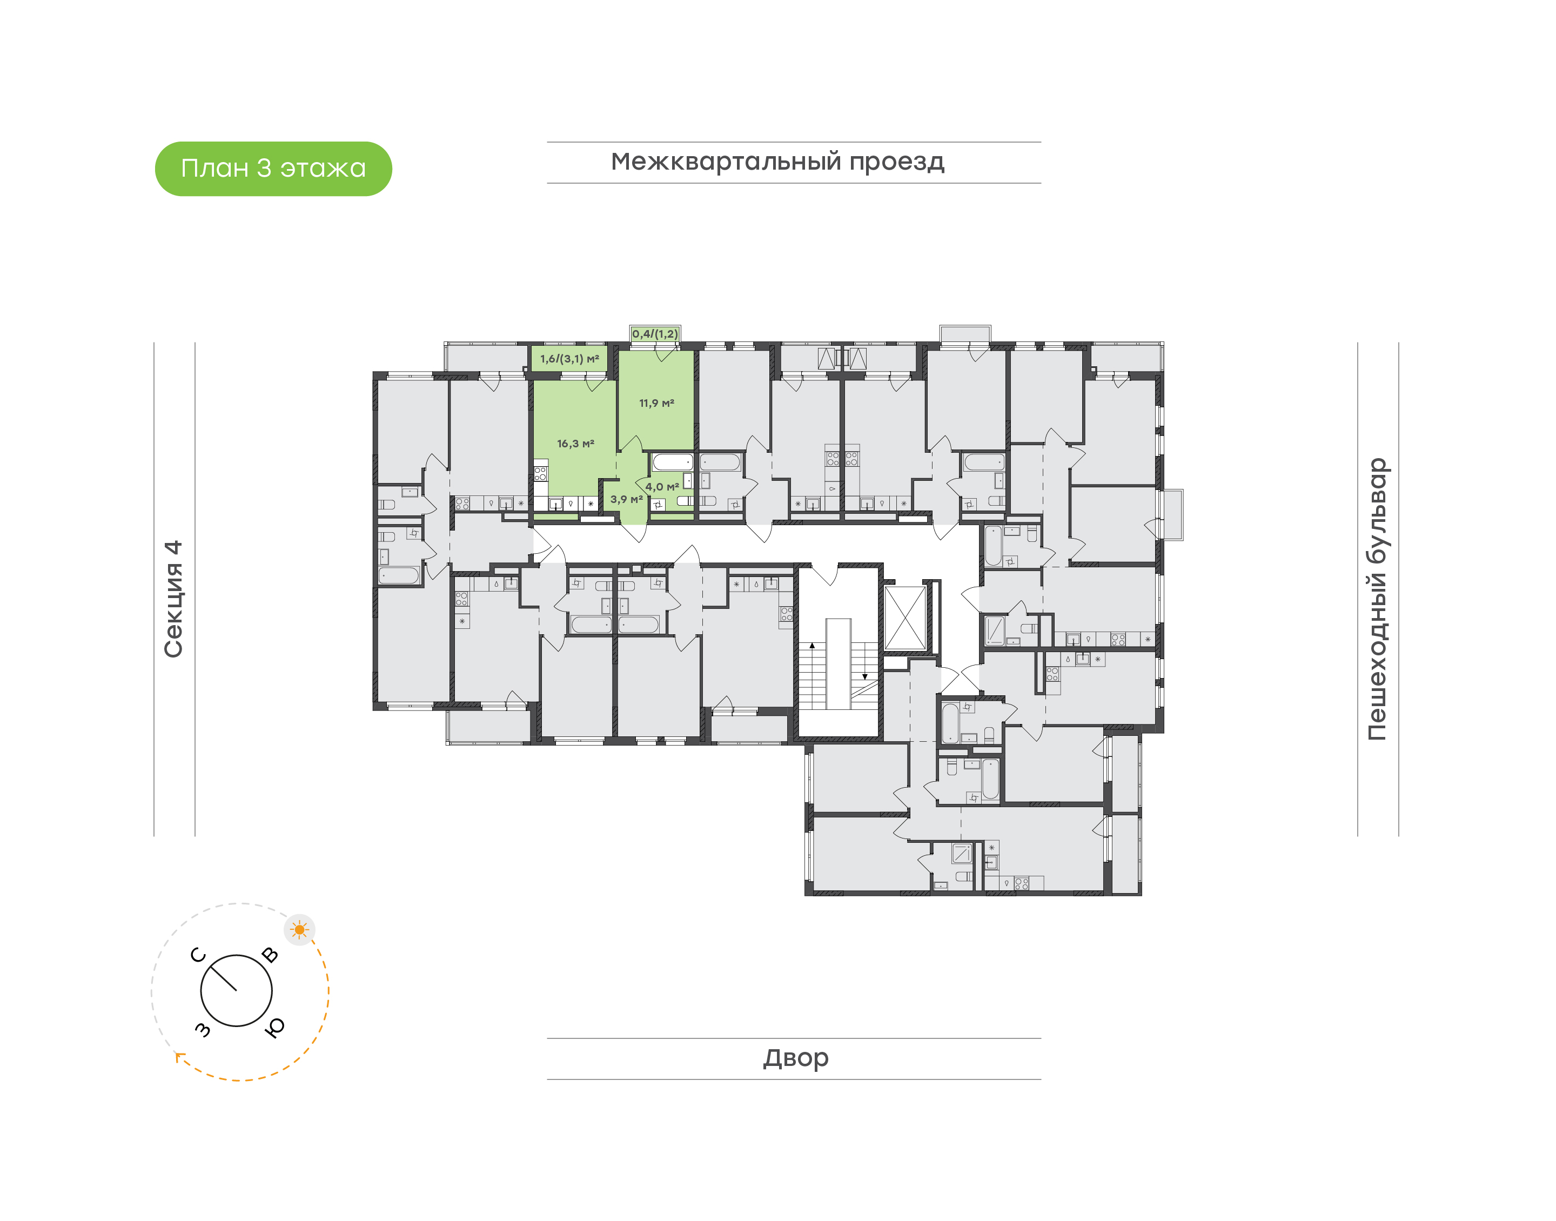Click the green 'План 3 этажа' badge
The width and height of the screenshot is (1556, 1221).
coord(273,169)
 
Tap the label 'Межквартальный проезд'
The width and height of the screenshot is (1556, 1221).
coord(777,162)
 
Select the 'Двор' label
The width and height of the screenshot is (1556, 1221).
coord(795,1058)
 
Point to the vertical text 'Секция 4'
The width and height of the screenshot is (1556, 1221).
coord(173,599)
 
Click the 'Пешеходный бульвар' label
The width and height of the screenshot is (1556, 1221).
coord(1377,599)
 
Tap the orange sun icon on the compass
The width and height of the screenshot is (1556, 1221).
coord(299,930)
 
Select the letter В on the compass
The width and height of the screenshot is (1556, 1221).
coord(270,955)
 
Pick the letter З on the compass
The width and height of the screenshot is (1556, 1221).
coord(203,1029)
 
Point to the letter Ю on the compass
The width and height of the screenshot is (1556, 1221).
coord(274,1027)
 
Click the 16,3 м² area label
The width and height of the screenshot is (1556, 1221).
coord(575,444)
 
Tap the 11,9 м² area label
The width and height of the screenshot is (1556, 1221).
coord(656,403)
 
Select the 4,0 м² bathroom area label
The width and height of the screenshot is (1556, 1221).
coord(662,487)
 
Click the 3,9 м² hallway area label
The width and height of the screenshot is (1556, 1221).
coord(626,500)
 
